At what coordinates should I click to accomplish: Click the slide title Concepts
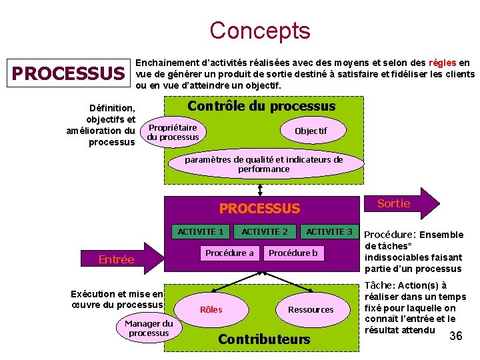(259, 31)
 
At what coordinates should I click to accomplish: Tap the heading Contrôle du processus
(261, 107)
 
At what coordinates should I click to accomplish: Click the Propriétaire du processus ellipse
(173, 132)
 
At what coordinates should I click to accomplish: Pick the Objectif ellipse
(311, 131)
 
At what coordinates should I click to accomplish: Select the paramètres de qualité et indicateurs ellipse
(264, 165)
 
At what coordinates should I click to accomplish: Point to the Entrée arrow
(117, 259)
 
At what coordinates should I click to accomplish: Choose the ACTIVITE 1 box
(201, 231)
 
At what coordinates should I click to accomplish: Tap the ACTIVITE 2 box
(265, 231)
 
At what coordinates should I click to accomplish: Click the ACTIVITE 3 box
(329, 231)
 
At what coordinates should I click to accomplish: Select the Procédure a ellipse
(229, 253)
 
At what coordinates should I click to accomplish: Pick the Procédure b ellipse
(293, 253)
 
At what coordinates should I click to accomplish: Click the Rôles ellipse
(211, 309)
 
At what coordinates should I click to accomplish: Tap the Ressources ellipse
(311, 309)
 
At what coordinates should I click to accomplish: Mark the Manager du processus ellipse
(149, 328)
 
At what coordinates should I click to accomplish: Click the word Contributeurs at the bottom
(264, 339)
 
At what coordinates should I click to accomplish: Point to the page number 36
(456, 336)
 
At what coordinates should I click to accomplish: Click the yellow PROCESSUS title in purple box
(260, 209)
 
